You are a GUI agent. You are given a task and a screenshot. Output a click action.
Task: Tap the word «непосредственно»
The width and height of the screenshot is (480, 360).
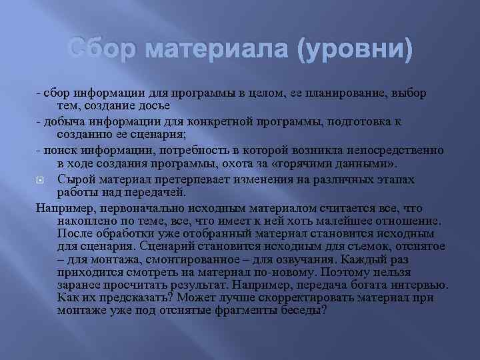(x=389, y=150)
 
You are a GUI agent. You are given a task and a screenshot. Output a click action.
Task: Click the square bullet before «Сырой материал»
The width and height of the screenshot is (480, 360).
(x=41, y=179)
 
